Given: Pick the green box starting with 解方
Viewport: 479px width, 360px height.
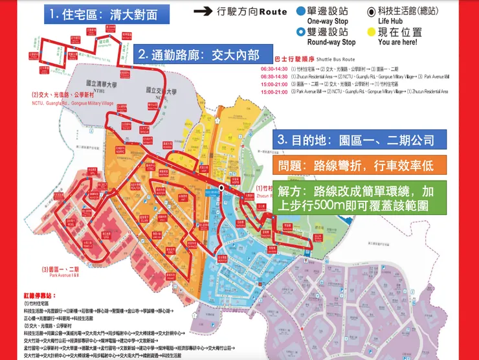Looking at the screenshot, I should tap(359, 198).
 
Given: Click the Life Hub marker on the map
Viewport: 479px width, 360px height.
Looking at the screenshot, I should tap(221, 188).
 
